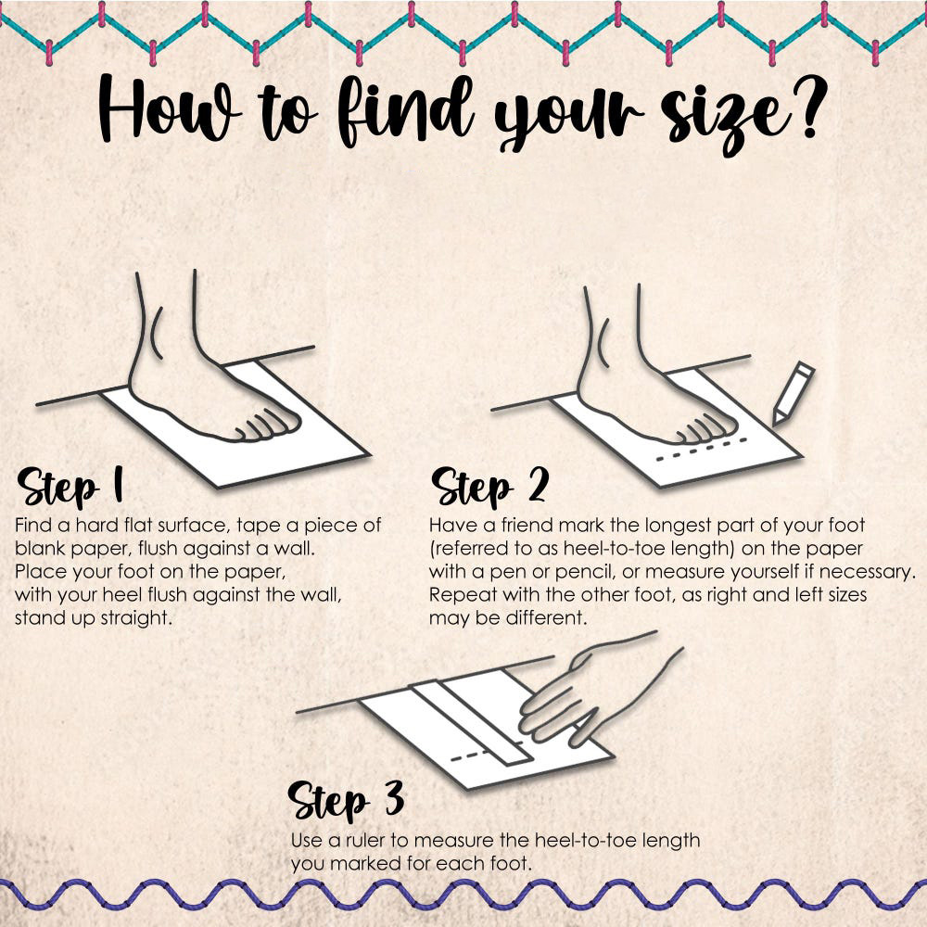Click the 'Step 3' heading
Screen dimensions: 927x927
pyautogui.click(x=346, y=800)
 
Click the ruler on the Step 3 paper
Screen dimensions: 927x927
pyautogui.click(x=472, y=722)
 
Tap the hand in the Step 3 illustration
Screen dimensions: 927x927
pyautogui.click(x=593, y=691)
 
